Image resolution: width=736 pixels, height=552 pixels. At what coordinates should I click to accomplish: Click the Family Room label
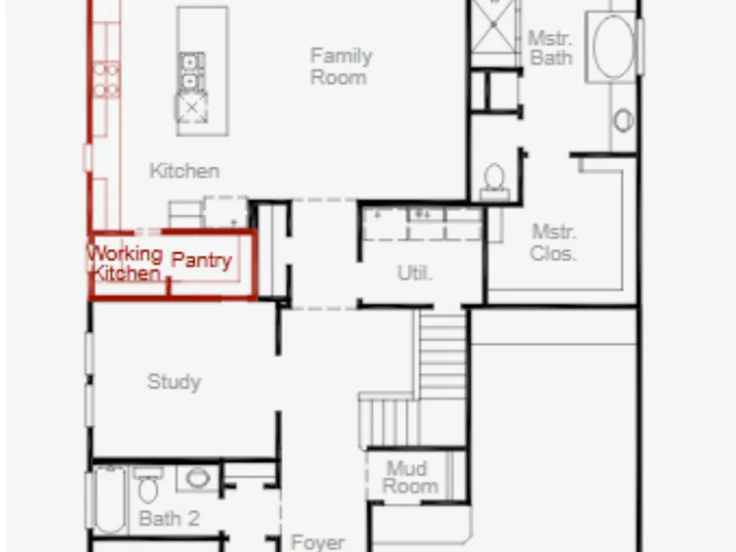(342, 66)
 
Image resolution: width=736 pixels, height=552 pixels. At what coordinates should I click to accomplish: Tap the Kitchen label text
(184, 171)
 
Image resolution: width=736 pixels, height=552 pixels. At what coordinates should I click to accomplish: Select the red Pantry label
(202, 260)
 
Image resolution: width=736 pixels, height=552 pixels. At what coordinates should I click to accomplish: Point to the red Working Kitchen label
(125, 263)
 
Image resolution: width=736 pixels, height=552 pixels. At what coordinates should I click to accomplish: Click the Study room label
(174, 382)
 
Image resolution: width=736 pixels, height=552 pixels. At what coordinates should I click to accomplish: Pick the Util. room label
(414, 273)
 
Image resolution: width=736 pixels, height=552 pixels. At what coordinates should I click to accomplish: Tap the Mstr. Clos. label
(553, 243)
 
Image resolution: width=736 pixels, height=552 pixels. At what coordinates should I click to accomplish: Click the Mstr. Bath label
(551, 48)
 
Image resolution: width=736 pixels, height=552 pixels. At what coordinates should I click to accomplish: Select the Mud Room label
(410, 478)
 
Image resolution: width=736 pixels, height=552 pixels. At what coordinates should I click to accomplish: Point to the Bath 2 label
(169, 519)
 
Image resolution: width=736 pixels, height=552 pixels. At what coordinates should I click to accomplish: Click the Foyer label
(318, 542)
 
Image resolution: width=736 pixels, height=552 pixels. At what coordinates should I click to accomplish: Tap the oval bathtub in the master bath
(613, 47)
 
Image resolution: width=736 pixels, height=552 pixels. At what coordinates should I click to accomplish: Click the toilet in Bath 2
(149, 484)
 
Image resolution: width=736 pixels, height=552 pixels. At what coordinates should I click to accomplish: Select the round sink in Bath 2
(197, 478)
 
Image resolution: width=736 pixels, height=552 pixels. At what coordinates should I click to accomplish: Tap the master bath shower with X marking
(494, 26)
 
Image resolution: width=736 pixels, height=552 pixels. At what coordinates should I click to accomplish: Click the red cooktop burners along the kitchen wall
(107, 79)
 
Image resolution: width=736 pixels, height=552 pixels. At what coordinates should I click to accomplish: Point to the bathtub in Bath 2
(110, 500)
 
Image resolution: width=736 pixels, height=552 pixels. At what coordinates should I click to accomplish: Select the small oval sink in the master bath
(623, 121)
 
